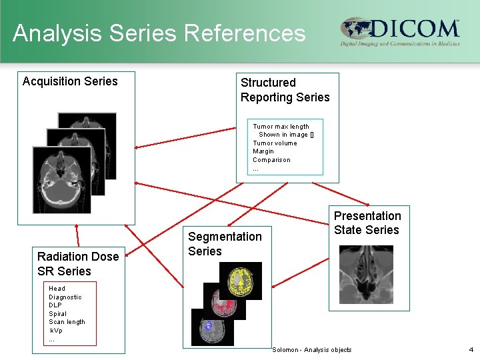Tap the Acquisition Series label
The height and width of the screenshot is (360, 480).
tap(70, 81)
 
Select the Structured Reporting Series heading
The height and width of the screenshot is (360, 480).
tap(285, 90)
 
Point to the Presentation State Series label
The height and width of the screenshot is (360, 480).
tap(367, 223)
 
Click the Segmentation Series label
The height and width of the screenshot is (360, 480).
tap(225, 243)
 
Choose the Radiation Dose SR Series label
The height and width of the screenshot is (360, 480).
tap(78, 263)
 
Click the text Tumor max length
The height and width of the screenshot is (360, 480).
tap(281, 126)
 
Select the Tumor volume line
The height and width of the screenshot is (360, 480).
tap(275, 143)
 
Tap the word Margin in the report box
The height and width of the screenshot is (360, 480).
tap(263, 151)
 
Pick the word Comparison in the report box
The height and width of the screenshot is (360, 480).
tap(271, 160)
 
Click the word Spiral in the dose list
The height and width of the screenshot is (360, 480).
tap(57, 314)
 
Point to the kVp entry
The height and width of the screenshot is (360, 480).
tap(56, 331)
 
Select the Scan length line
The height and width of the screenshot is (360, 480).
tap(67, 322)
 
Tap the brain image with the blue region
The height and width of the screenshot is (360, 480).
tap(213, 327)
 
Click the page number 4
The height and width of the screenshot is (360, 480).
tap(470, 349)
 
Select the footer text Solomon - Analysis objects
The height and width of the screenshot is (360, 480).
tap(311, 350)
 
